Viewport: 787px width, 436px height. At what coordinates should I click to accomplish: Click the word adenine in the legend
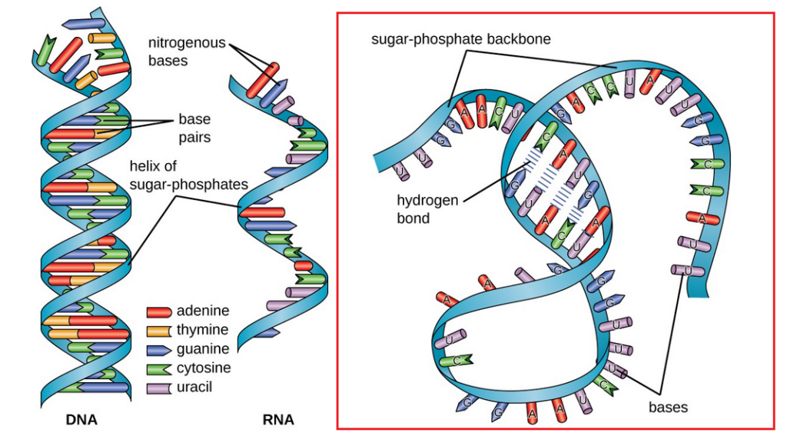coord(203,311)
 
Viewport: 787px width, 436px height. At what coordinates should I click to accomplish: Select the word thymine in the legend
coord(202,330)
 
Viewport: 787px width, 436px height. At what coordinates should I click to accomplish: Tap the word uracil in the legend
coord(194,386)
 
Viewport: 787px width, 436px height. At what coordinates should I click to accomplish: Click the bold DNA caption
coord(82,421)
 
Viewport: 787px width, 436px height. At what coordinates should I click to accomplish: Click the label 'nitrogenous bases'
coord(188,50)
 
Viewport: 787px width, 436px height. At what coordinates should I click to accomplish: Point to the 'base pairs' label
coord(194,128)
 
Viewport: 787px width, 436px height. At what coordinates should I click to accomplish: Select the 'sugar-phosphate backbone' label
coord(461,38)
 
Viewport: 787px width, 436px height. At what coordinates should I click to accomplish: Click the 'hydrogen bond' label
coord(427,209)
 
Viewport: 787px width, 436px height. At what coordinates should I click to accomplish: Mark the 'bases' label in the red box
coord(668,406)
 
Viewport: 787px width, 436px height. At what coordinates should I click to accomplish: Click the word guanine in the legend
coord(203,349)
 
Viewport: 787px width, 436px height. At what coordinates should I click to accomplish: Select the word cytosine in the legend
coord(204,368)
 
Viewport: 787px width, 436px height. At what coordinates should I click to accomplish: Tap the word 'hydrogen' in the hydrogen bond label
coord(427,201)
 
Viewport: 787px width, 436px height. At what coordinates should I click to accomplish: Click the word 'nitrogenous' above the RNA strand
coord(188,42)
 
